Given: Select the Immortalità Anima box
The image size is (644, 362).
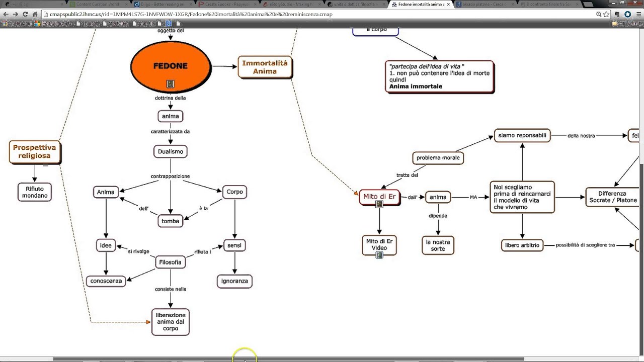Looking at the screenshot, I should coord(265,67).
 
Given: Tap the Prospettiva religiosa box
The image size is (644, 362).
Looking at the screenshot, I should coord(35,152).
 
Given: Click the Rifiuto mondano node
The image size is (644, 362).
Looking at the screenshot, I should coord(35,192).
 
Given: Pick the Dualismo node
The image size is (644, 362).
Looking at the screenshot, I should coord(170,151).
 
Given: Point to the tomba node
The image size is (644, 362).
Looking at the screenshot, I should coord(170,221).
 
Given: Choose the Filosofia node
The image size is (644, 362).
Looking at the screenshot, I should coord(170,262).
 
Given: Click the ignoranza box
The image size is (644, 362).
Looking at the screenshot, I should coord(234,281).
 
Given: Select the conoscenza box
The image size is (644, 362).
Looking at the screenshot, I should coord(106,281).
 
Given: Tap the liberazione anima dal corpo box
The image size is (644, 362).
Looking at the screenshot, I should coord(171,322).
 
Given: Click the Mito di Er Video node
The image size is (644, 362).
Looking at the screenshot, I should coord(379,245).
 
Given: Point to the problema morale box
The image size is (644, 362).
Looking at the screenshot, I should coord(438,158).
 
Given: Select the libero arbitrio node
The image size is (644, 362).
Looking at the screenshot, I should coord(522,245).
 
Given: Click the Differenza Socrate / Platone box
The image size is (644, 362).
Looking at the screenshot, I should coord(612,197).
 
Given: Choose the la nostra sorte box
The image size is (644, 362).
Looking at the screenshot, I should coord(438,245).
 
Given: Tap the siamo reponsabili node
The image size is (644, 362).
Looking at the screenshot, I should coord(522,135).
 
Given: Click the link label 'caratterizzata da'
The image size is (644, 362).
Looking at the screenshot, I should coord(170,132).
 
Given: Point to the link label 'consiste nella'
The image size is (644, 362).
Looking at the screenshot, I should coord(171,290).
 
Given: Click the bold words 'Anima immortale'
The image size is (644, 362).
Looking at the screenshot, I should coord(416,86).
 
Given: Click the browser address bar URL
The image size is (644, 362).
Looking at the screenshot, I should coord(191,15).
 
